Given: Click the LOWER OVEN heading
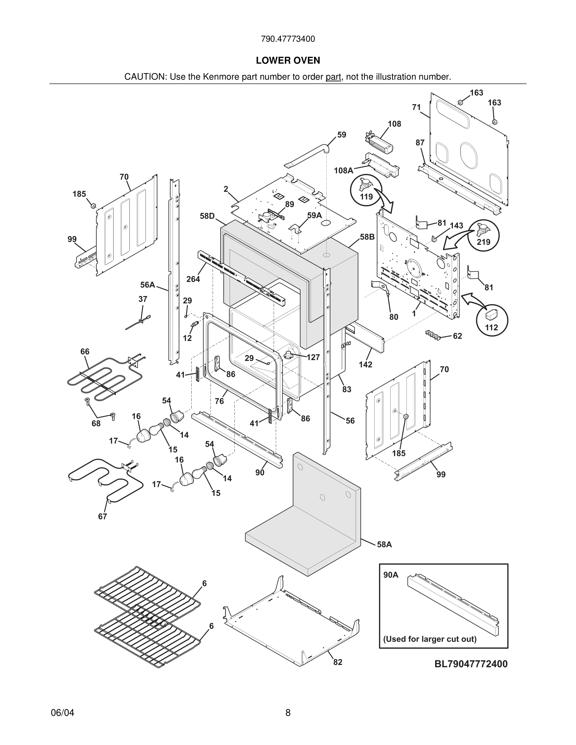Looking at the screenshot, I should coord(288,61).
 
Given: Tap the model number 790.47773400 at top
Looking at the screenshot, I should coord(288,39).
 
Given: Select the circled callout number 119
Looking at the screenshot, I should coord(366,197).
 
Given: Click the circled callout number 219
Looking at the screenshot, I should coord(483,242).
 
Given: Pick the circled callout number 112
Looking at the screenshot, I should coord(491,327).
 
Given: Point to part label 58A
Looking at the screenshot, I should coord(384,544).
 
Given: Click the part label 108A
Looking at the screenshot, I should coord(343,171).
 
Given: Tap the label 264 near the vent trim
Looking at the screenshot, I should coord(193,279).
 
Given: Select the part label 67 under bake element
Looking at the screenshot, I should coord(102,516).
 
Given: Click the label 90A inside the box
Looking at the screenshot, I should coord(391,575).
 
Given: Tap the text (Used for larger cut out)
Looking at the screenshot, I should coord(429,639).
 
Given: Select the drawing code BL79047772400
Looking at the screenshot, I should coord(471,664).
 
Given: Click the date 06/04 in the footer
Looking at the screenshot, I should coord(62,713).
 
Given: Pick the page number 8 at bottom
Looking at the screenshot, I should coord(288,713).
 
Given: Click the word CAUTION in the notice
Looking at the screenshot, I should coord(145,77).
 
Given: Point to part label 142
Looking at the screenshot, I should coord(365,364).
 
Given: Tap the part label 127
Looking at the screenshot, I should coord(313,357).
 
